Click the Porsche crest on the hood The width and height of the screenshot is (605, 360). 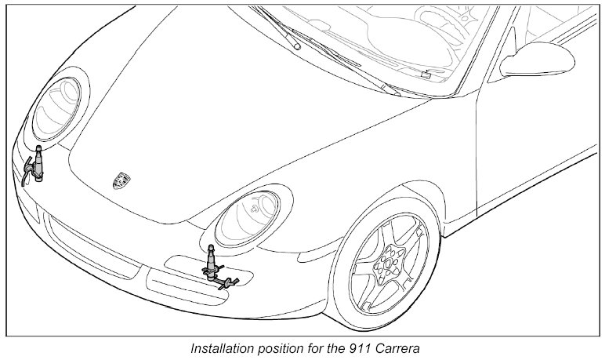coord(121,180)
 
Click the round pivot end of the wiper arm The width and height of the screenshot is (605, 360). coord(297,46)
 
